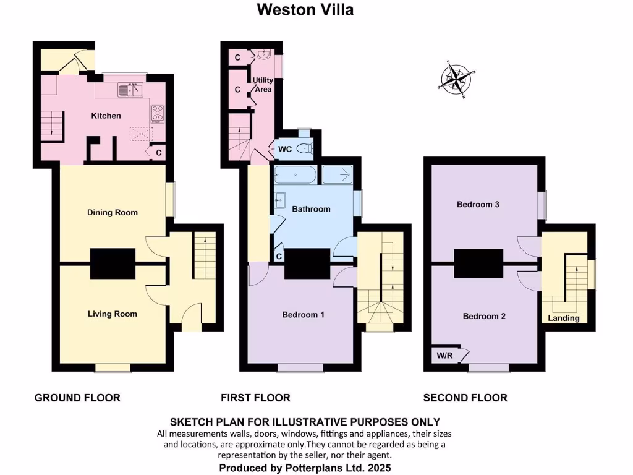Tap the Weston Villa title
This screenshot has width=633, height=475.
click(305, 10)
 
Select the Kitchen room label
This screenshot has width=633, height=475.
click(106, 116)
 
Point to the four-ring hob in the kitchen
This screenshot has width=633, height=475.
click(157, 113)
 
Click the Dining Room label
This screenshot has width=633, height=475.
click(112, 212)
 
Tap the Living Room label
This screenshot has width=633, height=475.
click(112, 314)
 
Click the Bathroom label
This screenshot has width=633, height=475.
click(311, 209)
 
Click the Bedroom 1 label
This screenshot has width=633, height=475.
click(303, 314)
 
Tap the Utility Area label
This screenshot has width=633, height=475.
click(262, 85)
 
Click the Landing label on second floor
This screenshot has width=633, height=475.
click(564, 318)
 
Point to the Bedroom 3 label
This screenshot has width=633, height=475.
click(478, 204)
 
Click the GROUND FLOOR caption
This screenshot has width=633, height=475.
click(77, 397)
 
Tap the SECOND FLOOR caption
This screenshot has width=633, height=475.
click(465, 397)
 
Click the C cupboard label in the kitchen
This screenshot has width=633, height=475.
click(158, 152)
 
